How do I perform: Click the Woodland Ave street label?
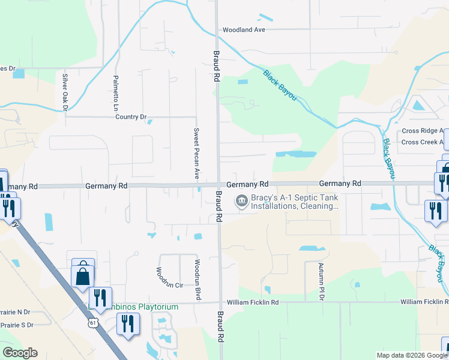243,29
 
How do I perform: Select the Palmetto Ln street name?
116,92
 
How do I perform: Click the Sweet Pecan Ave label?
196,153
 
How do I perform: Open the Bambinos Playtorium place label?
132,307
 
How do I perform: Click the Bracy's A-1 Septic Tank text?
294,202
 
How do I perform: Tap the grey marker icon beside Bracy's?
242,201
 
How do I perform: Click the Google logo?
20,353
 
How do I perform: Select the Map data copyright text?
412,355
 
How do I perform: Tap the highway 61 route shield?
92,323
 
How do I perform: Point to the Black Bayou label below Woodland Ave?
280,85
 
